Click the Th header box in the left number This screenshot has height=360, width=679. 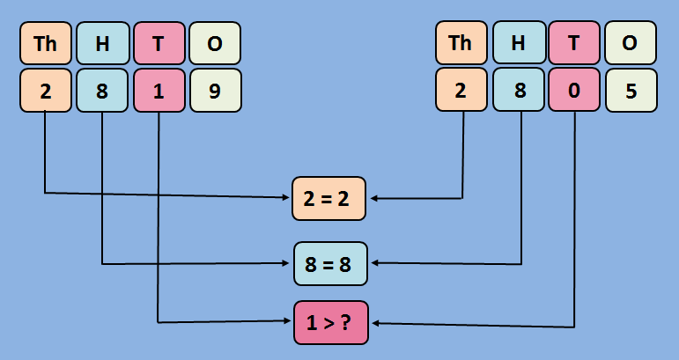click(45, 43)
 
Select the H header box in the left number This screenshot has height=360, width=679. click(102, 43)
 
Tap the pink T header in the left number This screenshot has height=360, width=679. click(159, 43)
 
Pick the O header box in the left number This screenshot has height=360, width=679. click(215, 43)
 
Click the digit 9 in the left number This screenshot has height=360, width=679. click(215, 91)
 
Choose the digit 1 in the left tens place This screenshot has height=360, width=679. click(159, 91)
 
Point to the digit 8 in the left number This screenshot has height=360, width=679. click(102, 91)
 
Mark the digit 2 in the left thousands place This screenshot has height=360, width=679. click(45, 91)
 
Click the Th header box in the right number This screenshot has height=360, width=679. click(461, 43)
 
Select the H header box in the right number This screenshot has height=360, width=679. click(518, 43)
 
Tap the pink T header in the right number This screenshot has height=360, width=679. click(574, 43)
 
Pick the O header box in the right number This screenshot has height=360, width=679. click(631, 43)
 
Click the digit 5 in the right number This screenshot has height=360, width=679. click(631, 91)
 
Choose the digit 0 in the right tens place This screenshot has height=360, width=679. click(574, 91)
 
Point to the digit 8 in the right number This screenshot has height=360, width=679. click(518, 91)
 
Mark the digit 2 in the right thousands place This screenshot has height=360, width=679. click(461, 91)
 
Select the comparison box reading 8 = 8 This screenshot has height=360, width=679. click(330, 262)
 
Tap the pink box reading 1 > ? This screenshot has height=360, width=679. click(330, 322)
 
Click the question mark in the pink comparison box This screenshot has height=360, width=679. click(349, 322)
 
